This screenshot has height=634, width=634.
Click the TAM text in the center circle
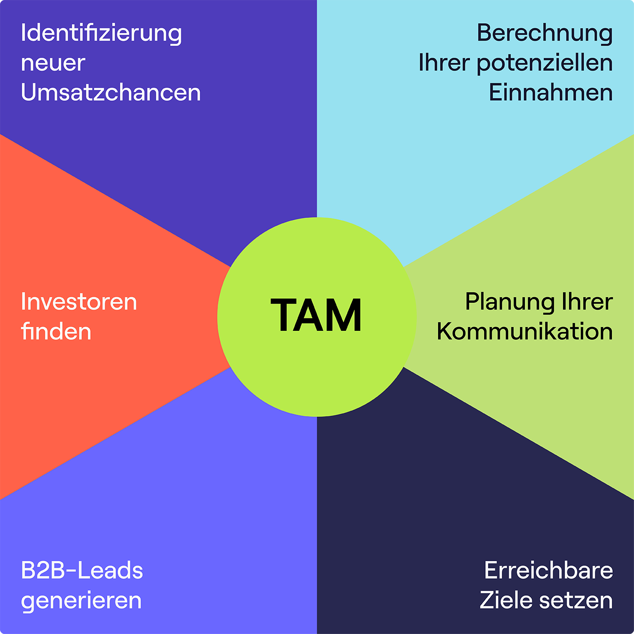click(x=316, y=316)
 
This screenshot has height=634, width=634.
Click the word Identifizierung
click(x=101, y=34)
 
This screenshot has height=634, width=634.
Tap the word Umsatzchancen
click(x=111, y=93)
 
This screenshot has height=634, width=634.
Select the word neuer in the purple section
click(x=53, y=63)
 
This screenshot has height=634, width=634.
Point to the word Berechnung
click(x=544, y=33)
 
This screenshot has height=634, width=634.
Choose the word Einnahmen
click(x=550, y=93)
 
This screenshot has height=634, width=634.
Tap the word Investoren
click(x=79, y=302)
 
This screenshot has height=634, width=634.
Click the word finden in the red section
click(x=56, y=332)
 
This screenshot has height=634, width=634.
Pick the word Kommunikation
click(x=524, y=332)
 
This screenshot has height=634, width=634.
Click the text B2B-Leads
click(x=82, y=570)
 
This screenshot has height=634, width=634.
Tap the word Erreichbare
click(x=548, y=570)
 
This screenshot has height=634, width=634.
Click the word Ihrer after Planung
click(x=587, y=302)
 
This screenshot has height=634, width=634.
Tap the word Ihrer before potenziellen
click(x=444, y=63)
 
